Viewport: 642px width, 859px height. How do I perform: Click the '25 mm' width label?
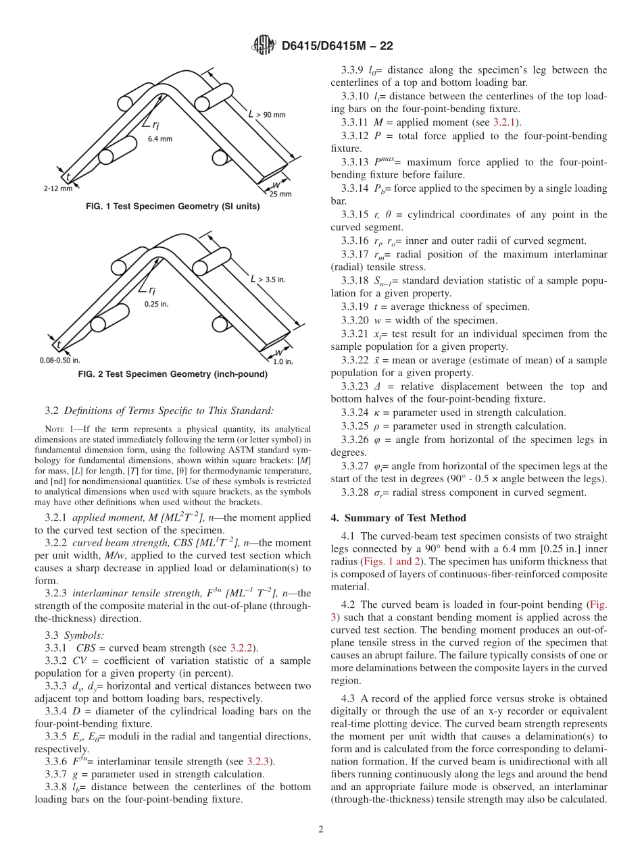coord(280,193)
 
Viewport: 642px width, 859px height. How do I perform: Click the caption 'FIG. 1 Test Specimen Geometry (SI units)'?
coord(173,207)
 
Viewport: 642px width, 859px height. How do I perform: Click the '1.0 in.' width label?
coord(282,361)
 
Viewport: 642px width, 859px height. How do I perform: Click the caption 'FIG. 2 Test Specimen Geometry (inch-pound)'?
coord(173,374)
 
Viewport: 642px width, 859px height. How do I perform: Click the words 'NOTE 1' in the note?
coord(59,429)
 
